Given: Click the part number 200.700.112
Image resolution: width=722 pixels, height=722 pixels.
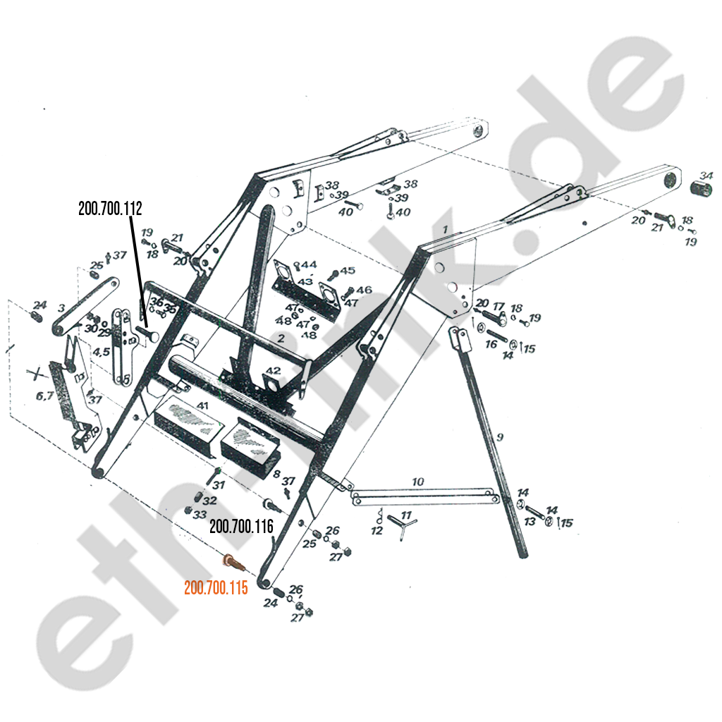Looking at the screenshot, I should [111, 208].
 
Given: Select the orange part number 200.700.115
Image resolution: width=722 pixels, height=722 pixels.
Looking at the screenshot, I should [216, 588].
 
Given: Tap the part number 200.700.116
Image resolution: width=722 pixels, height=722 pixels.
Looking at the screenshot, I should [241, 526].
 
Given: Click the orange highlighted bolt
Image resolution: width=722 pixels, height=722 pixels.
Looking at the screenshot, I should [231, 562].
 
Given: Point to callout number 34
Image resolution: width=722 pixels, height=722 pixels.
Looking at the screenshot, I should [706, 175].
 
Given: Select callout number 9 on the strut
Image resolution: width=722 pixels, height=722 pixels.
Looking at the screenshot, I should [499, 437].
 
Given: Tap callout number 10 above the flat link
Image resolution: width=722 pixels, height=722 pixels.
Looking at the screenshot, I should [418, 482].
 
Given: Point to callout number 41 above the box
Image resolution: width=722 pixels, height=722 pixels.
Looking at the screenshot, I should [203, 405].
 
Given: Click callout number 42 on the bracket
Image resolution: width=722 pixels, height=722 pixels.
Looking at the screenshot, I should [274, 371].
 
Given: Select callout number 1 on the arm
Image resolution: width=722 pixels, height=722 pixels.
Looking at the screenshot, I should [445, 229].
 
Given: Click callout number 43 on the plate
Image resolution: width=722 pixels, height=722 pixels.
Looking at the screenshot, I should [305, 281].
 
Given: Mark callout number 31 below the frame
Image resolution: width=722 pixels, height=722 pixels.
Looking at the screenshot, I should [219, 485].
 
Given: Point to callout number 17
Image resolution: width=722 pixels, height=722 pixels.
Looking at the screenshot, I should [498, 307].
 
